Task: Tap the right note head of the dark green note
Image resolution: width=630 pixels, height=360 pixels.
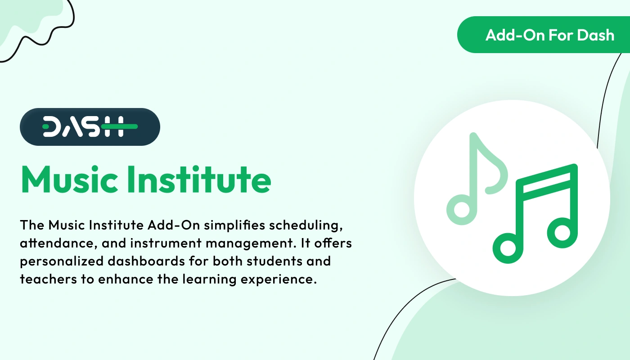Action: (x=562, y=233)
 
